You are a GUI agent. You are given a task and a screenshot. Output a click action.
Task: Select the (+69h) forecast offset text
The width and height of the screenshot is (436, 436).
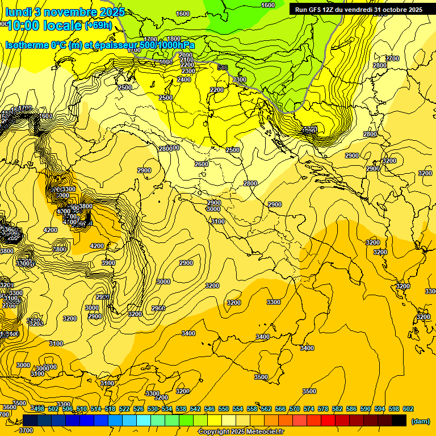[x=99, y=26]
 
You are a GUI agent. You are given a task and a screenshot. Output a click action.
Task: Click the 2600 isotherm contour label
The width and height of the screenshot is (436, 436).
[x=202, y=164]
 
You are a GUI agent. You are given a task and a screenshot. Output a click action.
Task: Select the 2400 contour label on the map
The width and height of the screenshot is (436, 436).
[x=184, y=80]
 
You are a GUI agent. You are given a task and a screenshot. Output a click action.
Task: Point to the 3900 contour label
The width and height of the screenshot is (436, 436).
[x=108, y=263]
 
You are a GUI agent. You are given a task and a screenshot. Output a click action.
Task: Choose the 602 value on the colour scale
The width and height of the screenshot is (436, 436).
[x=408, y=409]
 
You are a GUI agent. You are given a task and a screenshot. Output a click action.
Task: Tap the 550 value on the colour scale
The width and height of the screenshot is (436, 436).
[x=223, y=409]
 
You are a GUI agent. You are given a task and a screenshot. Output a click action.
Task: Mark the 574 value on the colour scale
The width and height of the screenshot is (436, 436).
[x=308, y=409]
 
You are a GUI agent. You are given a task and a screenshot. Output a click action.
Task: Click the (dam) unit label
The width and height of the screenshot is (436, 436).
[x=420, y=421]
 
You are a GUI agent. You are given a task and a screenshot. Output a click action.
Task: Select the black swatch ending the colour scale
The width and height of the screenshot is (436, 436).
[x=399, y=420]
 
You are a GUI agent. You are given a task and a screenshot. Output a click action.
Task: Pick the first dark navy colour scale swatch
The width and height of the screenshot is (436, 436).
[x=30, y=420]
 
